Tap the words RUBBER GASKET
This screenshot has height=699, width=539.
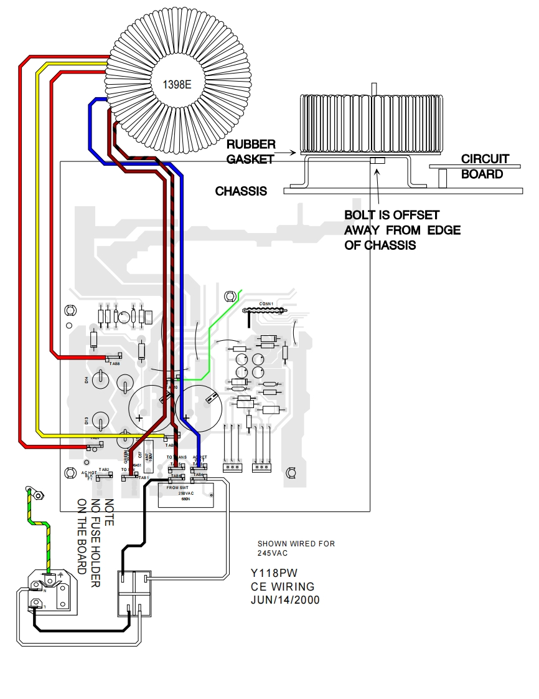coord(250,152)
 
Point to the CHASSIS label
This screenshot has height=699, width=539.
coord(241,191)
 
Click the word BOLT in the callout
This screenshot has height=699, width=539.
coord(360,215)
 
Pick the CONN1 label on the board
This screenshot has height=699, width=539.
coord(266,304)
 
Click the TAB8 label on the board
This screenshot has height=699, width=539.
coord(115,363)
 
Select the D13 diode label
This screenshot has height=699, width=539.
coord(87,421)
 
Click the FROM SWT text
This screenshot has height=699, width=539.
coord(179,487)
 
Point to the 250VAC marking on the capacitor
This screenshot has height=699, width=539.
coord(186,493)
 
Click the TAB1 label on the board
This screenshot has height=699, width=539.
coord(144,478)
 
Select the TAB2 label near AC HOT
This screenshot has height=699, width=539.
coord(105,469)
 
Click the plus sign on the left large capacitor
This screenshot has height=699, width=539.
coord(139,418)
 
